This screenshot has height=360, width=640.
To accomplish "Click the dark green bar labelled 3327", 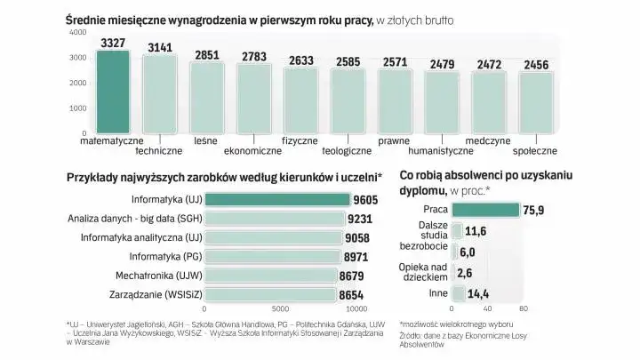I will pyautogui.click(x=112, y=91).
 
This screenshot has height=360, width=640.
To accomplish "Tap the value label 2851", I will pyautogui.click(x=207, y=54).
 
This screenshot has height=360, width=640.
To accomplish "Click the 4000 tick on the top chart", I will pyautogui.click(x=77, y=32).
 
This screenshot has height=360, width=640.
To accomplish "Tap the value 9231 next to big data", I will pyautogui.click(x=359, y=219).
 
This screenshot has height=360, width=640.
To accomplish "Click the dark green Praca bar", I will pyautogui.click(x=485, y=210).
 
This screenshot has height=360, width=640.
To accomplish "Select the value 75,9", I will pyautogui.click(x=535, y=211).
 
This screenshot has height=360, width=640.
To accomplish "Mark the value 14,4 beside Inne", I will pyautogui.click(x=478, y=294).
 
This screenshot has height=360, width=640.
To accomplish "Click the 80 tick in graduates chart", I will pyautogui.click(x=523, y=309).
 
